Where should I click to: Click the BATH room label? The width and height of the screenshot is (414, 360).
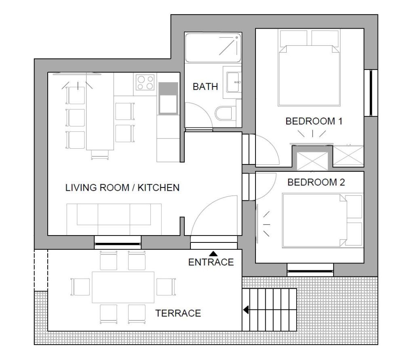point(205,86)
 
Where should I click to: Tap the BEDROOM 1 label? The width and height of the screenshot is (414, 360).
point(314,121)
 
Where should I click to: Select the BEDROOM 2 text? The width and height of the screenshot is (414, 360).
point(316,182)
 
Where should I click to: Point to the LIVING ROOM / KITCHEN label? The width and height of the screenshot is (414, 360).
point(122,187)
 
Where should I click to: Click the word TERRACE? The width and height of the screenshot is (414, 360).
point(178,313)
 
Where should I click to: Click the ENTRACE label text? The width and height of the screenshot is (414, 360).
point(211,262)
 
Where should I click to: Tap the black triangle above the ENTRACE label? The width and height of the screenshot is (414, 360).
point(213,254)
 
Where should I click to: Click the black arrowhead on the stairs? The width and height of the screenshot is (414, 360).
point(246,309)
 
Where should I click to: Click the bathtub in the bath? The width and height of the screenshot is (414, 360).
point(213,48)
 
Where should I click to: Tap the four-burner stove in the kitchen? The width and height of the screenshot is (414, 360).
point(145,82)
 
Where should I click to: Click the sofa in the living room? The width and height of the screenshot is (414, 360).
point(114,219)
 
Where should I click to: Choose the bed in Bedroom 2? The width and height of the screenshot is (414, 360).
point(322,221)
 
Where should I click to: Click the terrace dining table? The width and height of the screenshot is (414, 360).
point(123,287)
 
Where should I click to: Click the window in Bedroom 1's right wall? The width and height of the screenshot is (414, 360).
point(371,93)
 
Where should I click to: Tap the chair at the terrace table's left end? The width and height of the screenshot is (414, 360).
point(80,287)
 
